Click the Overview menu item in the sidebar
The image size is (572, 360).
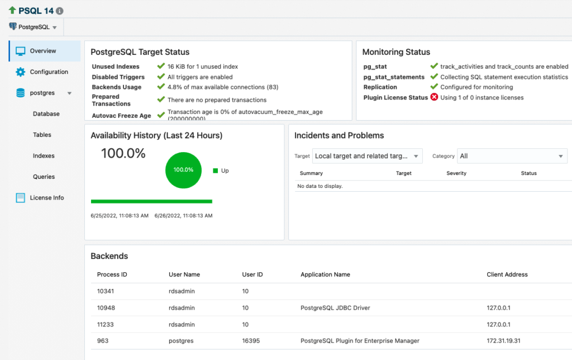42,51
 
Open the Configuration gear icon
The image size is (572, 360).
21,72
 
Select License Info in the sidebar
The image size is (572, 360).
46,198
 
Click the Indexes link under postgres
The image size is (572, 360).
44,156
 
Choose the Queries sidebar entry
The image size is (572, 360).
44,177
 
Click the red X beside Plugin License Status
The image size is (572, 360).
434,97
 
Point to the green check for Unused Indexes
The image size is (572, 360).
161,67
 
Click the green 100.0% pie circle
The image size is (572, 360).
183,169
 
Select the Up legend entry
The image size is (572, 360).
221,170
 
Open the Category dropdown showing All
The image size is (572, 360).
512,156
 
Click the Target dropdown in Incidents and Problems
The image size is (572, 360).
367,156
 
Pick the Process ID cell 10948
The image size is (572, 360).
106,308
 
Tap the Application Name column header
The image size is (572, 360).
325,274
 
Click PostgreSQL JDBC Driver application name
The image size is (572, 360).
335,308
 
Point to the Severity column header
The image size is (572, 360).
456,173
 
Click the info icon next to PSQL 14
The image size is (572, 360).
60,11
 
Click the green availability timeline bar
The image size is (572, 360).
151,201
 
